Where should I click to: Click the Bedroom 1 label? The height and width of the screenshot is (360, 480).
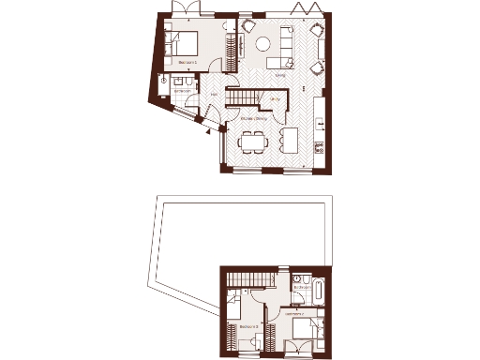click(187, 63)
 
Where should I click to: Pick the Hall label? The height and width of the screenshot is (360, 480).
click(214, 94)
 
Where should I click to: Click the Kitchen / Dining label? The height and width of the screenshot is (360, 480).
click(254, 119)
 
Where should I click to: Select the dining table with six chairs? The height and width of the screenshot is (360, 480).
click(253, 142)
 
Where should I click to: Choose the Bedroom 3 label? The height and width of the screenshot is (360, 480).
click(247, 327)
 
